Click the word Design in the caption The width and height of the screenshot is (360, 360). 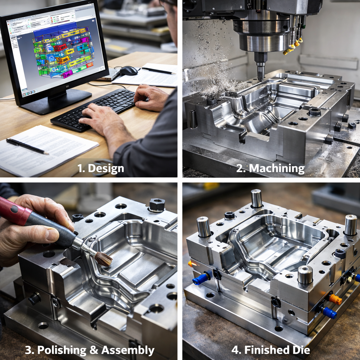click(x=106, y=168)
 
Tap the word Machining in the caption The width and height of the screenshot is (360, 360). click(x=277, y=168)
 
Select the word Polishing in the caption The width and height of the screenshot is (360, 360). click(x=62, y=351)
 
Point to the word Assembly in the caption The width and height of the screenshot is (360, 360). click(x=128, y=351)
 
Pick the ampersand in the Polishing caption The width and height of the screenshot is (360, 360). click(x=94, y=350)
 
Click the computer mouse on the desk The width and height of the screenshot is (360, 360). click(x=129, y=70)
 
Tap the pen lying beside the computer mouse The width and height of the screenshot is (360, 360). click(x=159, y=71)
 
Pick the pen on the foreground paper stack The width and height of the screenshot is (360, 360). click(x=27, y=146)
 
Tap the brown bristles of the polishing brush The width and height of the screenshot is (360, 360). click(x=103, y=259)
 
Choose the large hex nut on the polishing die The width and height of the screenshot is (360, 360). click(x=157, y=204)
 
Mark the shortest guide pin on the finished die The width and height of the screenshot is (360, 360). click(x=305, y=275)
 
